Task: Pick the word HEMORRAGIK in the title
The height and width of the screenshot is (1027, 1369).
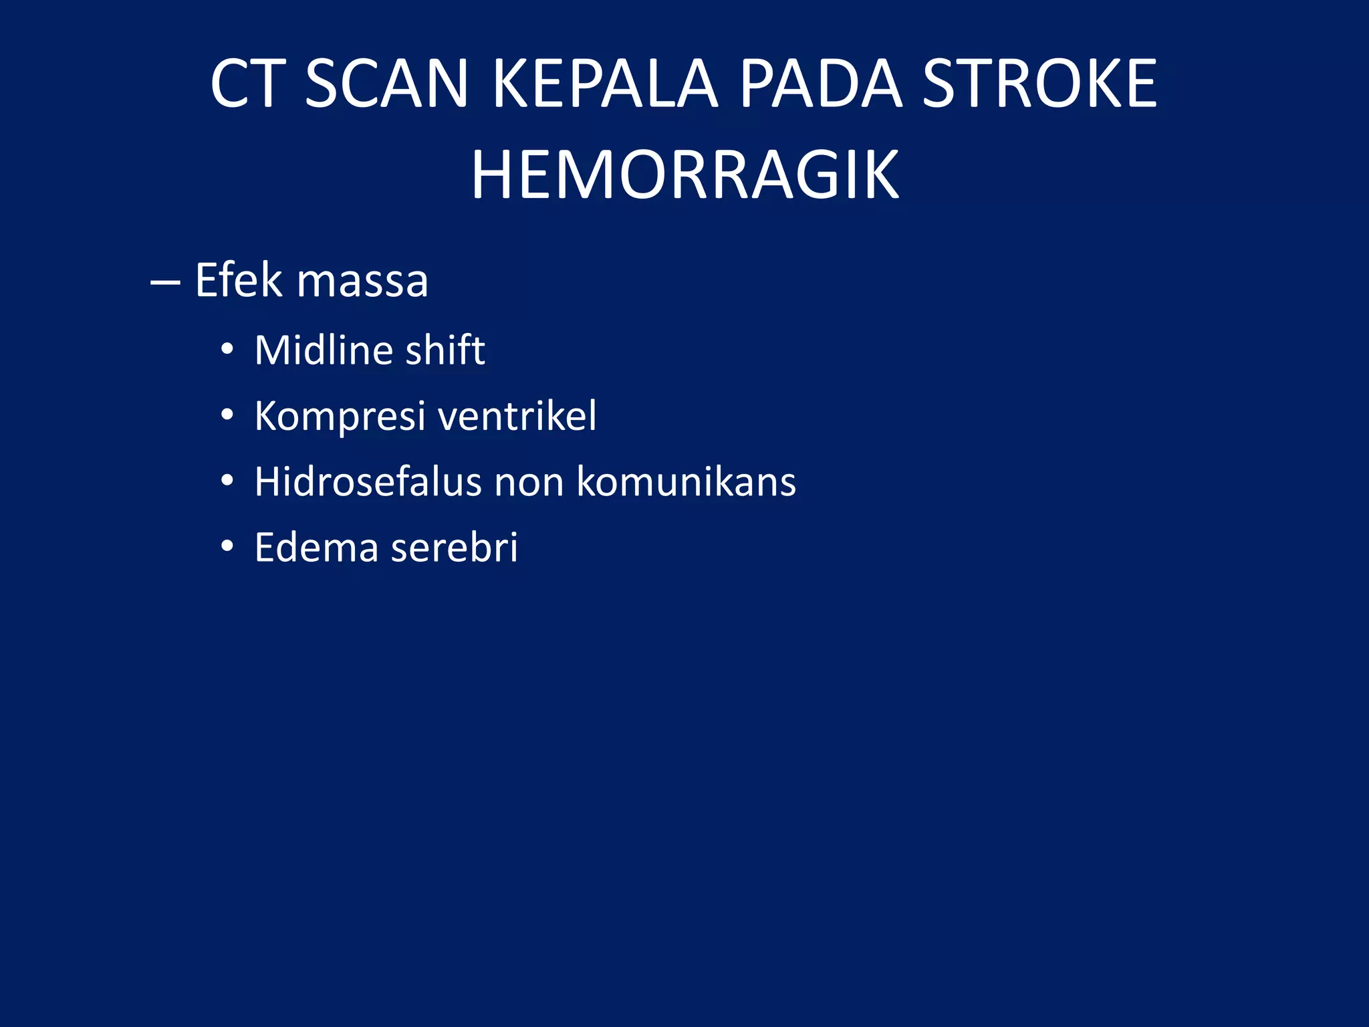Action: (x=685, y=175)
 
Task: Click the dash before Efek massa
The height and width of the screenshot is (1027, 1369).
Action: (x=165, y=281)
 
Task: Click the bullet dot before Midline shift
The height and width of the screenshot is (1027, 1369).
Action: (x=227, y=350)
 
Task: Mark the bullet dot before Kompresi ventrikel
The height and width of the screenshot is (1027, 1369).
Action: (x=227, y=415)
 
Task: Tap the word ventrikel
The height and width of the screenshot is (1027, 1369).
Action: (x=517, y=415)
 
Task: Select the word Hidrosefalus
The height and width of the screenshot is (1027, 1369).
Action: (x=368, y=481)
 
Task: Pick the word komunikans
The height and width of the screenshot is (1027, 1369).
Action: (x=687, y=481)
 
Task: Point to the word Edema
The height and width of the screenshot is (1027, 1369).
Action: (x=317, y=548)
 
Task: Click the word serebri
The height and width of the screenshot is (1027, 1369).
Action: (x=455, y=548)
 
